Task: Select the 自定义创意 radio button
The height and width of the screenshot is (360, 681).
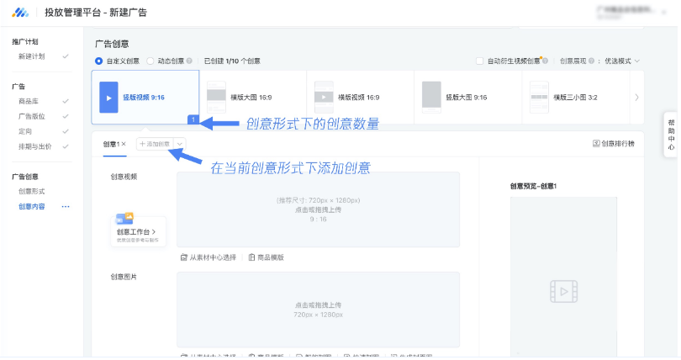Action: pyautogui.click(x=98, y=61)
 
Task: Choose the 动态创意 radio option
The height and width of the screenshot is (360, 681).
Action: pyautogui.click(x=150, y=61)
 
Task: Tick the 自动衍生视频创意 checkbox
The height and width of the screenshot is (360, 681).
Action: pyautogui.click(x=479, y=61)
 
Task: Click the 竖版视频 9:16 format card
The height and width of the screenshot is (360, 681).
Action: pyautogui.click(x=145, y=97)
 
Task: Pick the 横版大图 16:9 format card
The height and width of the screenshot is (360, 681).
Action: pyautogui.click(x=252, y=97)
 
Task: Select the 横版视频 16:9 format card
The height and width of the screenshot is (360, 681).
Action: pyautogui.click(x=360, y=97)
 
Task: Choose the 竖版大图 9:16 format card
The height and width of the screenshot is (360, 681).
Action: pyautogui.click(x=467, y=97)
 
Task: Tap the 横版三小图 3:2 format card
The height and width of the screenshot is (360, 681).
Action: pyautogui.click(x=575, y=97)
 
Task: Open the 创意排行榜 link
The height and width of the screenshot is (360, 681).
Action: pyautogui.click(x=614, y=144)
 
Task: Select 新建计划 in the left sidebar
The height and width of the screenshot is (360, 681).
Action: pyautogui.click(x=32, y=56)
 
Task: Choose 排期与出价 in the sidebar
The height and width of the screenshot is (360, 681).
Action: pyautogui.click(x=34, y=146)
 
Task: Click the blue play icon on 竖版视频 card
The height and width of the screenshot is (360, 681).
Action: pyautogui.click(x=108, y=97)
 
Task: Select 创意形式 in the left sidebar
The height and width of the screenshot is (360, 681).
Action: pyautogui.click(x=32, y=192)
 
